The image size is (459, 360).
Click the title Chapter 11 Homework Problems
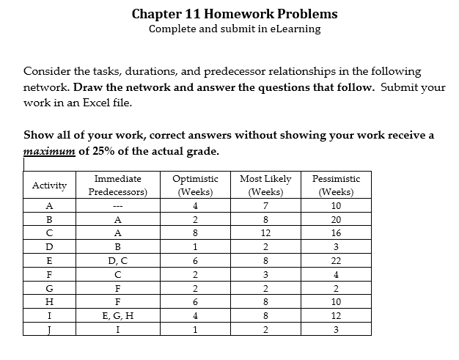[235, 14]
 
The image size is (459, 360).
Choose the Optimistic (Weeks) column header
[194, 185]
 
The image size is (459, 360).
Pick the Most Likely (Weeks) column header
[265, 185]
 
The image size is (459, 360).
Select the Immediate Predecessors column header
[117, 185]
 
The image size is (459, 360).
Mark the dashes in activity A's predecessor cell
[117, 205]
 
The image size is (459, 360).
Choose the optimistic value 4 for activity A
[194, 205]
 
